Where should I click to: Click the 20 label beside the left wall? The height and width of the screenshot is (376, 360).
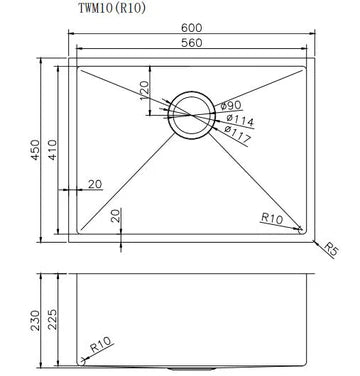[94, 183]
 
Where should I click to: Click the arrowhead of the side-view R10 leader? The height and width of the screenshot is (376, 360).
[81, 358]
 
